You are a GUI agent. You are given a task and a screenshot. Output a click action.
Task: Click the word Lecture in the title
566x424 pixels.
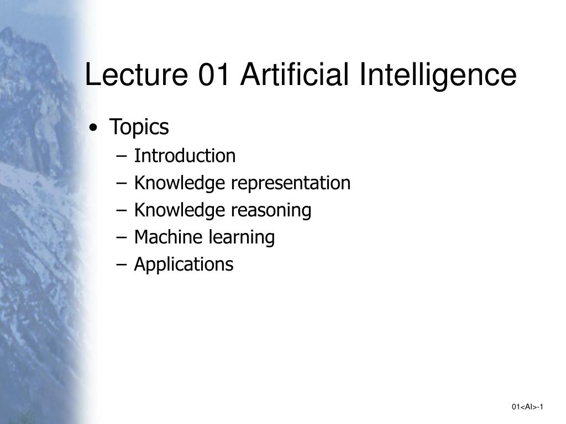[135, 75]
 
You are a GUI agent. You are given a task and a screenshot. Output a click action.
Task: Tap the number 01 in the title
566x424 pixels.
[213, 75]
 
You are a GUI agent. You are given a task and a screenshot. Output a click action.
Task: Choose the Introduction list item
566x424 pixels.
[185, 156]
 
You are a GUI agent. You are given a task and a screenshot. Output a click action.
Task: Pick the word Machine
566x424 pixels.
[169, 237]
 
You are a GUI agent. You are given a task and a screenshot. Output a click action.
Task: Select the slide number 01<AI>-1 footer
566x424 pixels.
[528, 407]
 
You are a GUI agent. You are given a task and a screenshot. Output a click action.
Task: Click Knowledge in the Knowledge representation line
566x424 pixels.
[180, 183]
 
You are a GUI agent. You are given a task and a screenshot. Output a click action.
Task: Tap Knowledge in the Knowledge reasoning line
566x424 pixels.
[180, 210]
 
